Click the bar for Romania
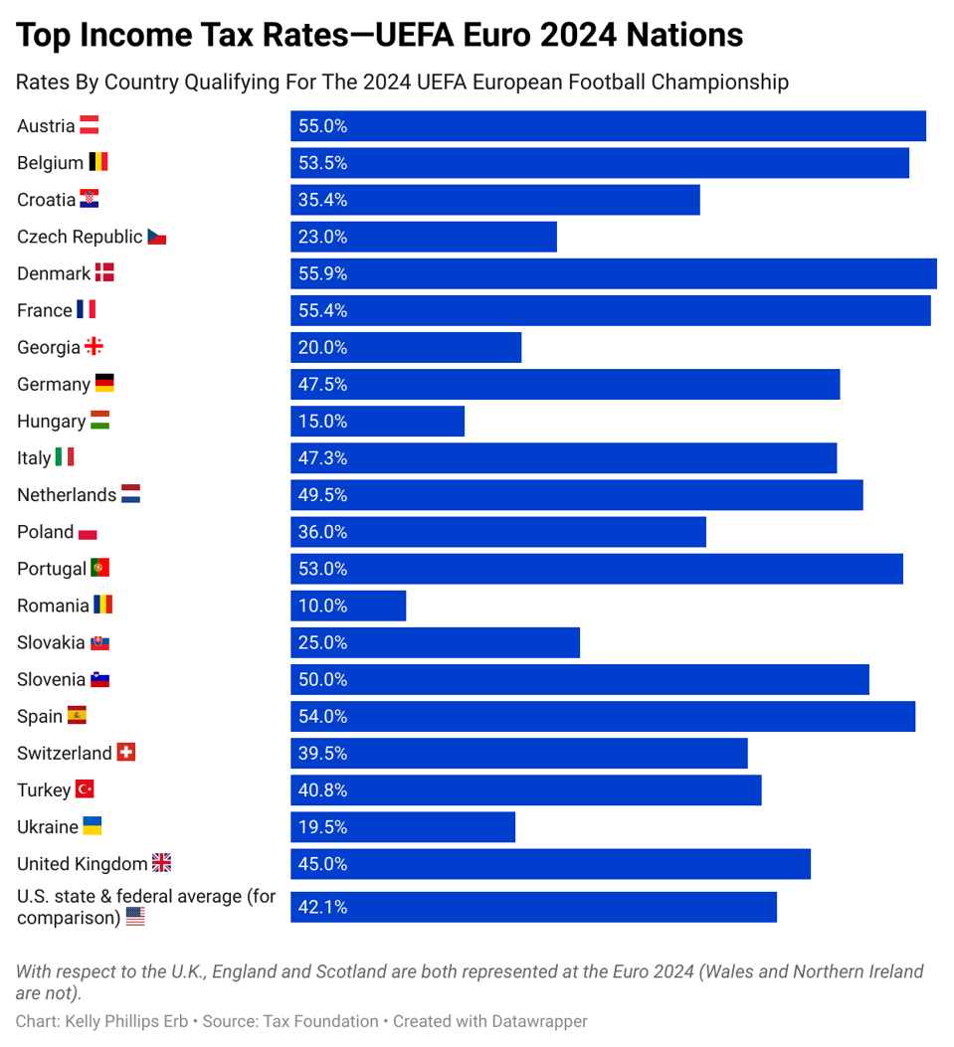348,606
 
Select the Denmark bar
613,273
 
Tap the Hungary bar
377,422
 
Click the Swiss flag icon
126,753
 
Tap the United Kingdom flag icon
161,863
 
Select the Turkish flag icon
85,789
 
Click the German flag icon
104,384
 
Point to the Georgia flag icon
94,347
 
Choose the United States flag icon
135,917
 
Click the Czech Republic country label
80,237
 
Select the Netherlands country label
67,495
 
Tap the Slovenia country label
51,680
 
